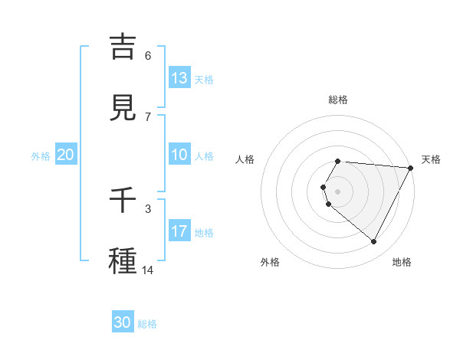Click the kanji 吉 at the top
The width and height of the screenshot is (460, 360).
click(x=123, y=47)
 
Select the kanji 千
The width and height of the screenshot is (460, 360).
click(x=123, y=201)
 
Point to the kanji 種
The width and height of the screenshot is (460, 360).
click(x=123, y=260)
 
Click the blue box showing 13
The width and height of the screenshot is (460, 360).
click(x=179, y=77)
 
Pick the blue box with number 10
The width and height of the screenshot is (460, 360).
click(x=179, y=155)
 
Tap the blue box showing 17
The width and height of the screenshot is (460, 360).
click(x=179, y=231)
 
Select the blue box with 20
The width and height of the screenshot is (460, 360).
click(x=66, y=155)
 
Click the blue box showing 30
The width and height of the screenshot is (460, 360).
click(x=123, y=322)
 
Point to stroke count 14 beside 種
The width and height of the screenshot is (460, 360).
click(x=147, y=270)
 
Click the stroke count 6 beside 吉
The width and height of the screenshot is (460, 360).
click(x=148, y=56)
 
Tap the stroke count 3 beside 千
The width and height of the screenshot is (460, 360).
click(x=148, y=208)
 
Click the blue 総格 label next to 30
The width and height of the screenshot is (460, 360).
click(x=147, y=324)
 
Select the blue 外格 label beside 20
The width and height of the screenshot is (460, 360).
click(x=41, y=156)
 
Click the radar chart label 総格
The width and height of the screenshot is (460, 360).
click(x=337, y=100)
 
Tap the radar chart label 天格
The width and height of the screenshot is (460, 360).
click(x=431, y=159)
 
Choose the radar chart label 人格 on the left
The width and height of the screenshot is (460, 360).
click(x=245, y=159)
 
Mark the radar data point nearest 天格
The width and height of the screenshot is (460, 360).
click(x=411, y=168)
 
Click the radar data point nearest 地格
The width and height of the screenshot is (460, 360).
click(x=374, y=242)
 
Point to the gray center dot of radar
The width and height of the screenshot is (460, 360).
click(x=337, y=191)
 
